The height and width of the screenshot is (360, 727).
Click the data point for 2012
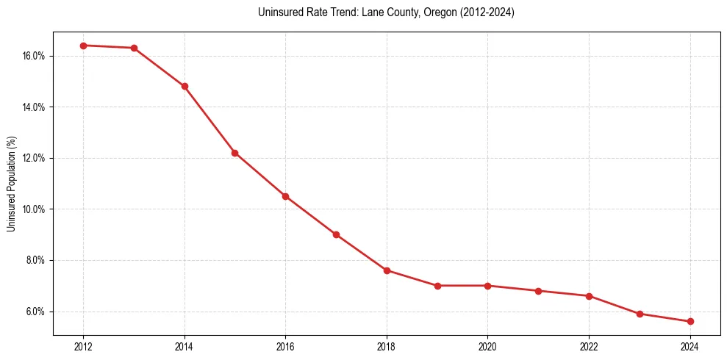(83, 46)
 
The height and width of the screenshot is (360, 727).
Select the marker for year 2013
(134, 48)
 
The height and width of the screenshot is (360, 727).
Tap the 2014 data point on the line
(185, 86)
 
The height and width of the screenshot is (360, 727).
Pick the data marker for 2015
(234, 153)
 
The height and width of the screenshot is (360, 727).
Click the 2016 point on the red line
(285, 196)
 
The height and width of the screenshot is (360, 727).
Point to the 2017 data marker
(336, 234)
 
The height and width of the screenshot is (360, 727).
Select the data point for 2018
(387, 270)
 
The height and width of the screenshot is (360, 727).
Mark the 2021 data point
(538, 291)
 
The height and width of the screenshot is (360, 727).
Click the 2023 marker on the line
(640, 314)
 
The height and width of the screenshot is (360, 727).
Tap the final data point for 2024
(690, 321)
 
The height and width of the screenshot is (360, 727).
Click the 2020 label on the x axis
(487, 347)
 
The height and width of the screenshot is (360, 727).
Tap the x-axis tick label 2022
(589, 347)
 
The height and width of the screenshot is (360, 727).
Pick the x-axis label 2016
(285, 347)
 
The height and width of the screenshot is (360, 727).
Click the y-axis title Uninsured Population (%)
(12, 184)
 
